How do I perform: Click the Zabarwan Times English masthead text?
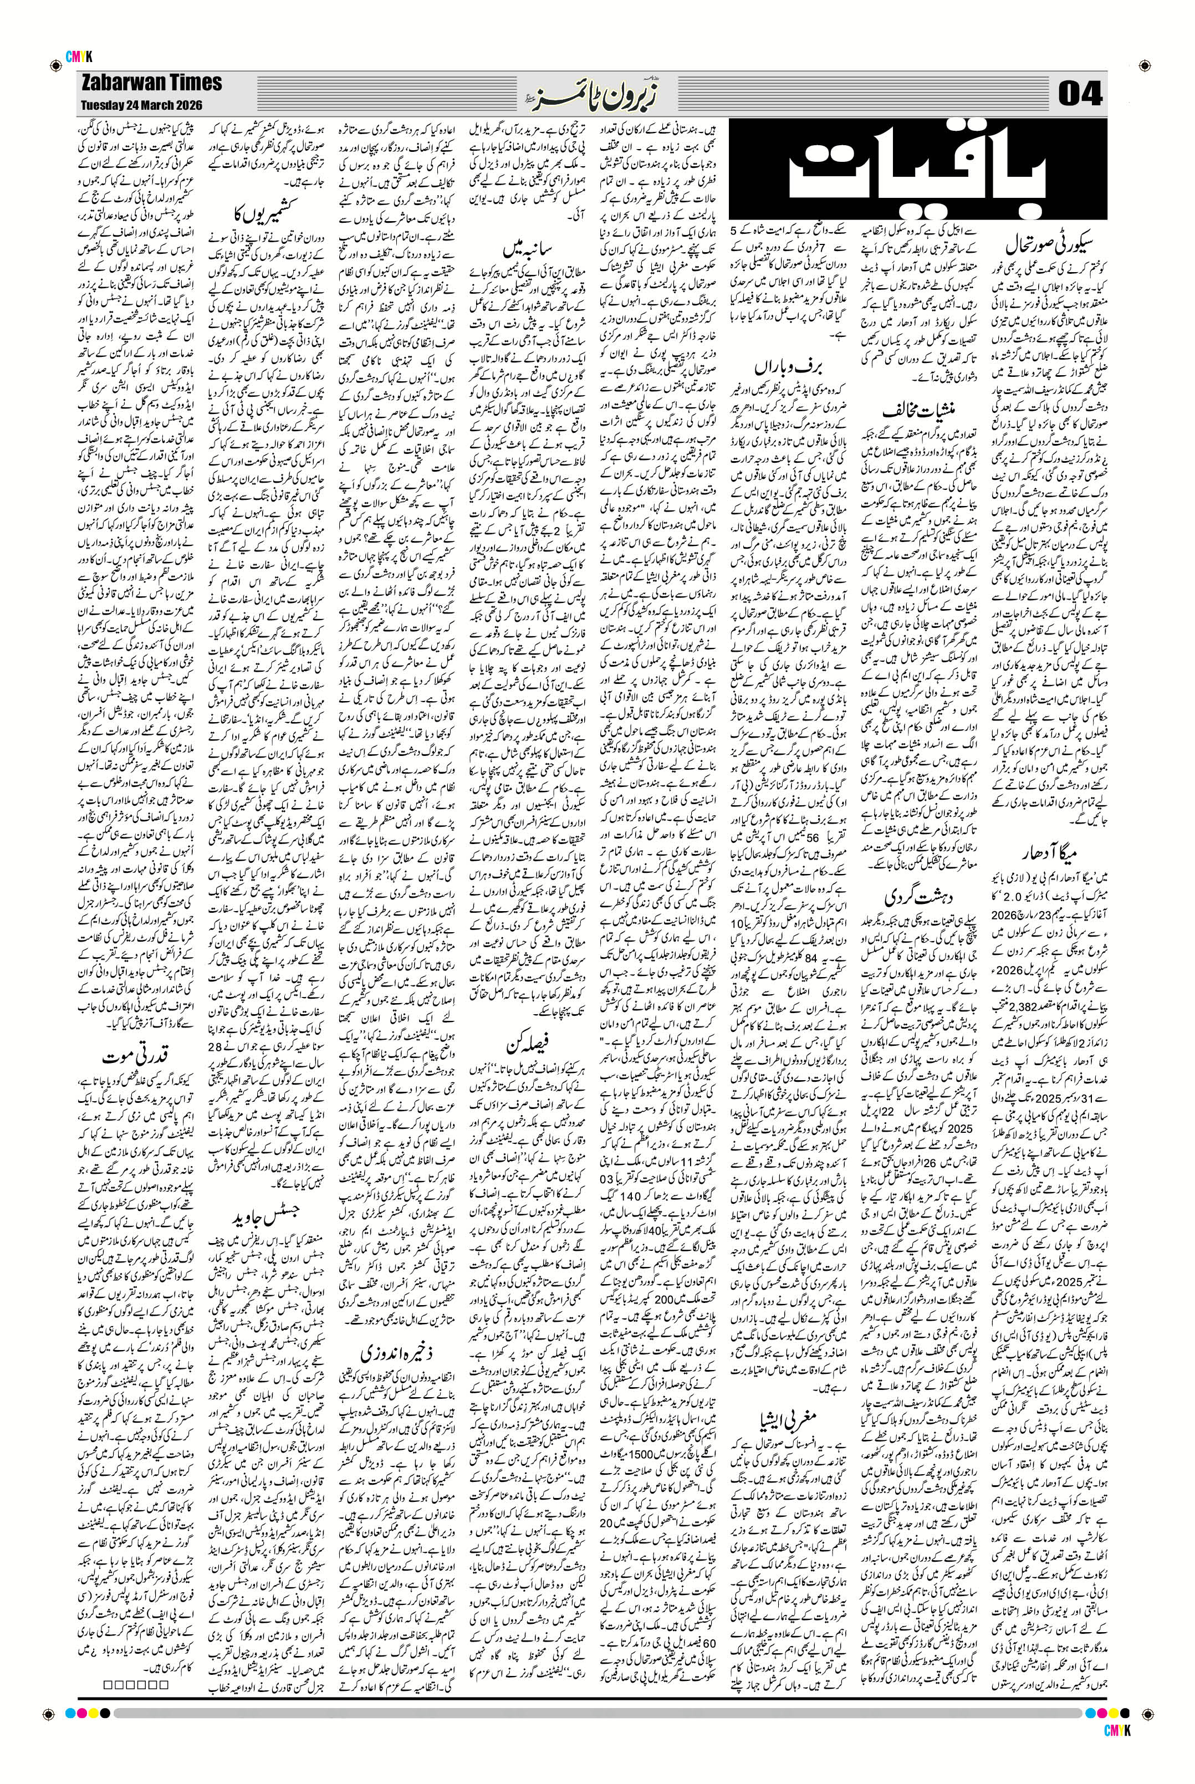tap(150, 83)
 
